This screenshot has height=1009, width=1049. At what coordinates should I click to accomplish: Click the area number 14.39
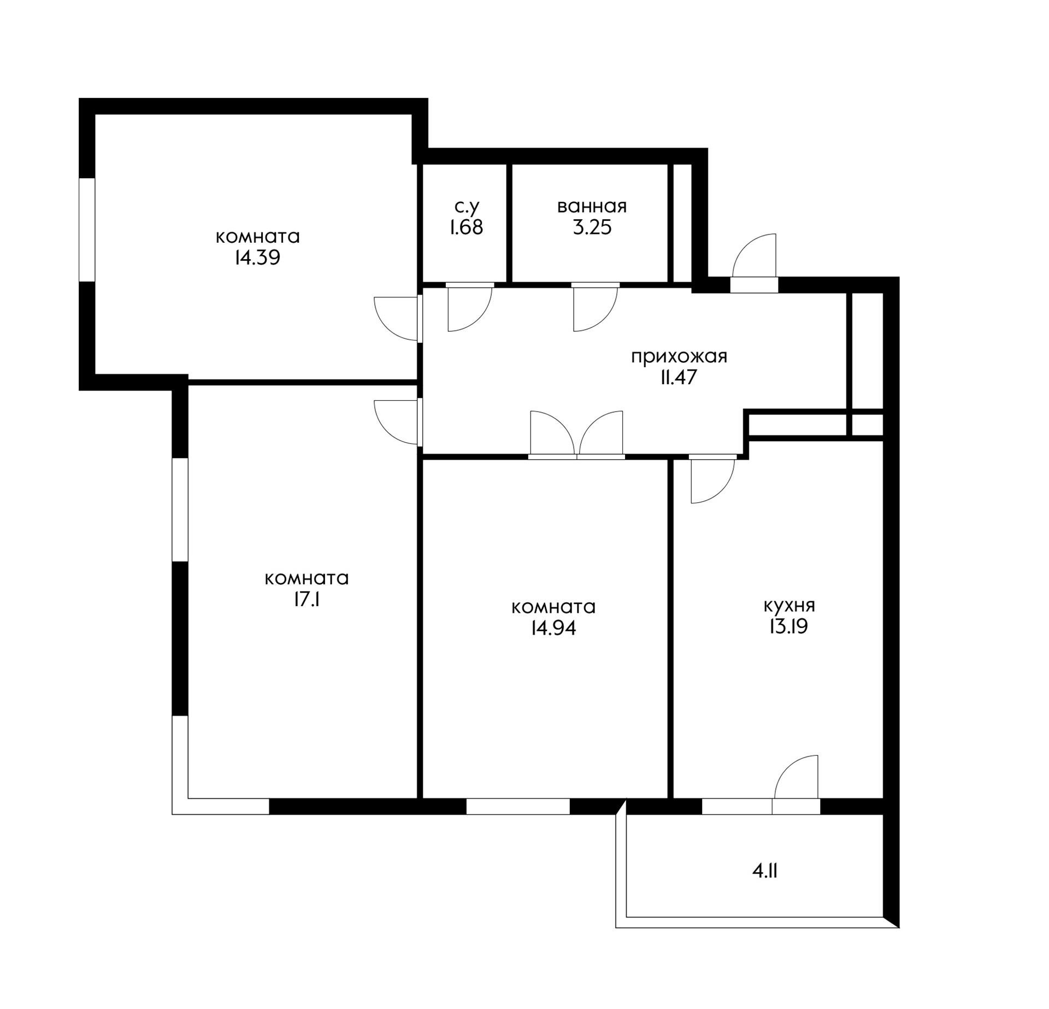pyautogui.click(x=257, y=257)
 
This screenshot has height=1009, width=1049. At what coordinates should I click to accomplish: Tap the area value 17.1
pyautogui.click(x=307, y=600)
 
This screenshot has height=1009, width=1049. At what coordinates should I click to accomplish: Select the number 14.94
pyautogui.click(x=553, y=628)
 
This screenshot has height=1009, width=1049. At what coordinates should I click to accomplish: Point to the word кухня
pyautogui.click(x=789, y=606)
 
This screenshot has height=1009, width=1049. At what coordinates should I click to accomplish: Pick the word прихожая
pyautogui.click(x=679, y=357)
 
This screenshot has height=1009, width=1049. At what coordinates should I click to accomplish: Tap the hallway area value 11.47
pyautogui.click(x=679, y=378)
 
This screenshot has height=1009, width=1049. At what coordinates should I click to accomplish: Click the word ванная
pyautogui.click(x=592, y=207)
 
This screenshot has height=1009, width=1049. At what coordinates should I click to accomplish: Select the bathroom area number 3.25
pyautogui.click(x=592, y=227)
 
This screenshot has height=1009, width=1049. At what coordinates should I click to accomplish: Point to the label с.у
pyautogui.click(x=467, y=207)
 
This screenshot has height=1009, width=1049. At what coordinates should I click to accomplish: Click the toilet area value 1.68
pyautogui.click(x=467, y=227)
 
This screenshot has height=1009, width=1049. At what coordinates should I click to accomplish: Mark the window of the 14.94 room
pyautogui.click(x=518, y=806)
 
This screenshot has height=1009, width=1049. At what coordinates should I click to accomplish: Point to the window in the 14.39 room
pyautogui.click(x=87, y=230)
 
